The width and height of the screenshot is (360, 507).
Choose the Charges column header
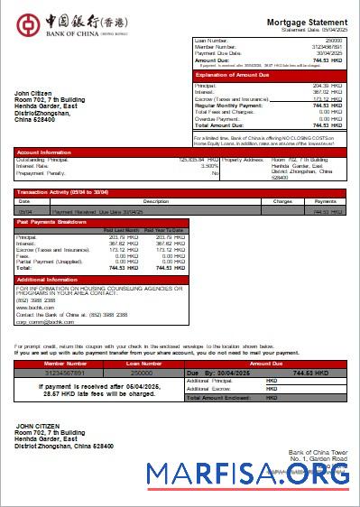[x=282, y=201]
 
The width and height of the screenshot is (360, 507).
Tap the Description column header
[x=156, y=201]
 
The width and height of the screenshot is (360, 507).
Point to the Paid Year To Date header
[x=164, y=231]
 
